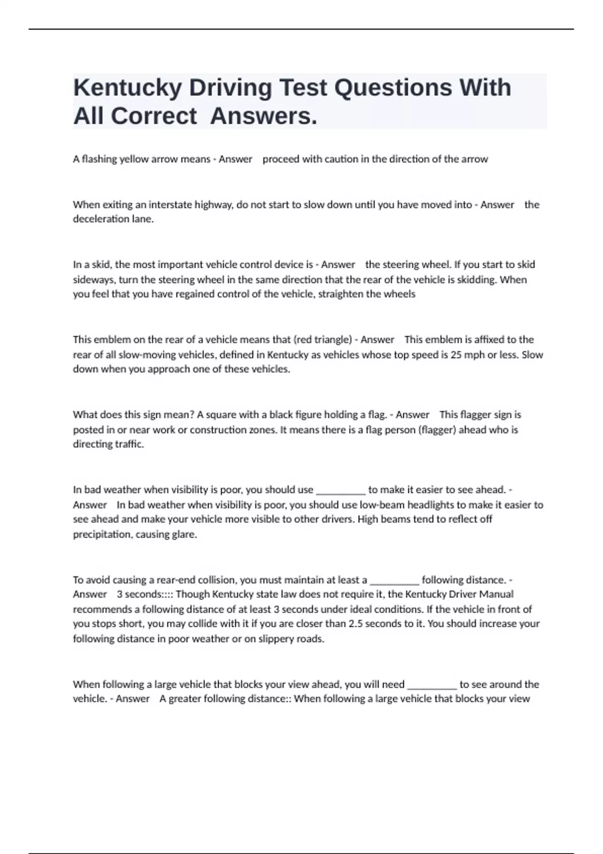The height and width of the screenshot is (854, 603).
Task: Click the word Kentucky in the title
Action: [127, 88]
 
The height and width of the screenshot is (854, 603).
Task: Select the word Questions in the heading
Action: [393, 88]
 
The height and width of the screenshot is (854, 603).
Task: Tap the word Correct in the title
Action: [154, 117]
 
